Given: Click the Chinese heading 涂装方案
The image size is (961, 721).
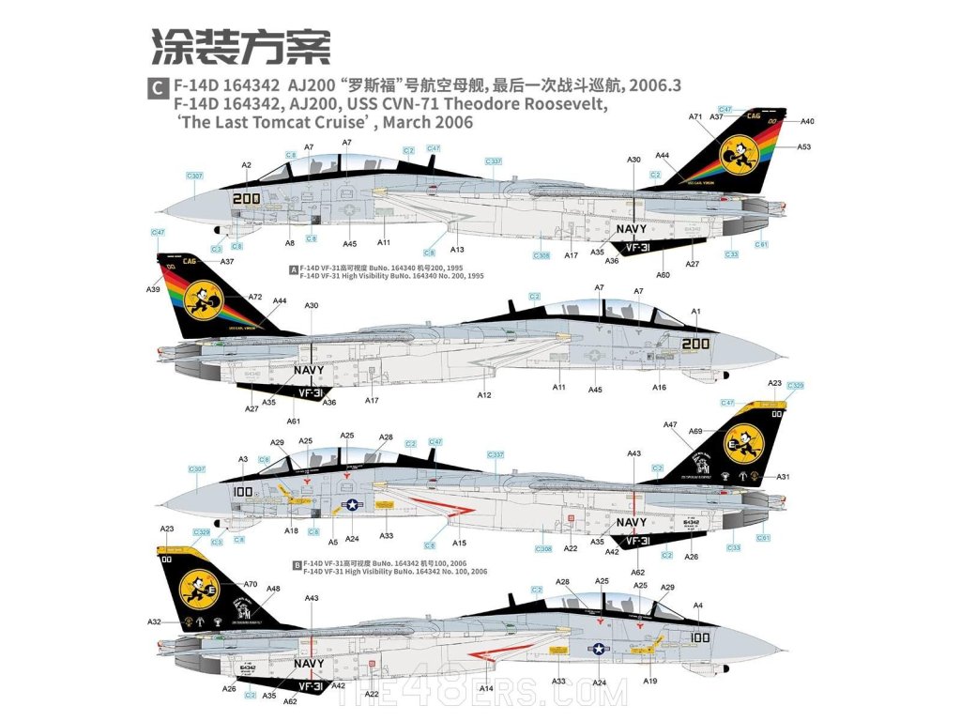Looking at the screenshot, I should [x=240, y=44].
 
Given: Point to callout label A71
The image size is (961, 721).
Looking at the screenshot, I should [x=695, y=117].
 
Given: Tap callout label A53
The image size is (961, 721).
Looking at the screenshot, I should [x=803, y=147].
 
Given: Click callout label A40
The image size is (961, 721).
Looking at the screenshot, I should [x=808, y=121].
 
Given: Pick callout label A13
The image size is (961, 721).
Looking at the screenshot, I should [x=458, y=250].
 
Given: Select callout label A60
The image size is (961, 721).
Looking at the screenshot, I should [x=664, y=274].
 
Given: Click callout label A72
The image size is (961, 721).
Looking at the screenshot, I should [x=255, y=297].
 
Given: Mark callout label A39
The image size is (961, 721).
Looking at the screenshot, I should [x=154, y=289].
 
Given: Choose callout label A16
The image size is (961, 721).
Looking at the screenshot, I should [x=660, y=387].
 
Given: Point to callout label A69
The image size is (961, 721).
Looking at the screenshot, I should [x=722, y=431].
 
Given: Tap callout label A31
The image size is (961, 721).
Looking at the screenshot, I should [x=782, y=477].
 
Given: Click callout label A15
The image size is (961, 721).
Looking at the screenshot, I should [x=459, y=544].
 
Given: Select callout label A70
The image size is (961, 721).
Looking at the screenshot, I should [x=251, y=583].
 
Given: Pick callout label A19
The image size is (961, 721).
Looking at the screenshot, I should [x=650, y=681].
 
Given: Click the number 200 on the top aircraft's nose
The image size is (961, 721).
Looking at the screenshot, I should [x=246, y=198].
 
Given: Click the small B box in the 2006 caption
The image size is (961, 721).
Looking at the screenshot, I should [x=297, y=565].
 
